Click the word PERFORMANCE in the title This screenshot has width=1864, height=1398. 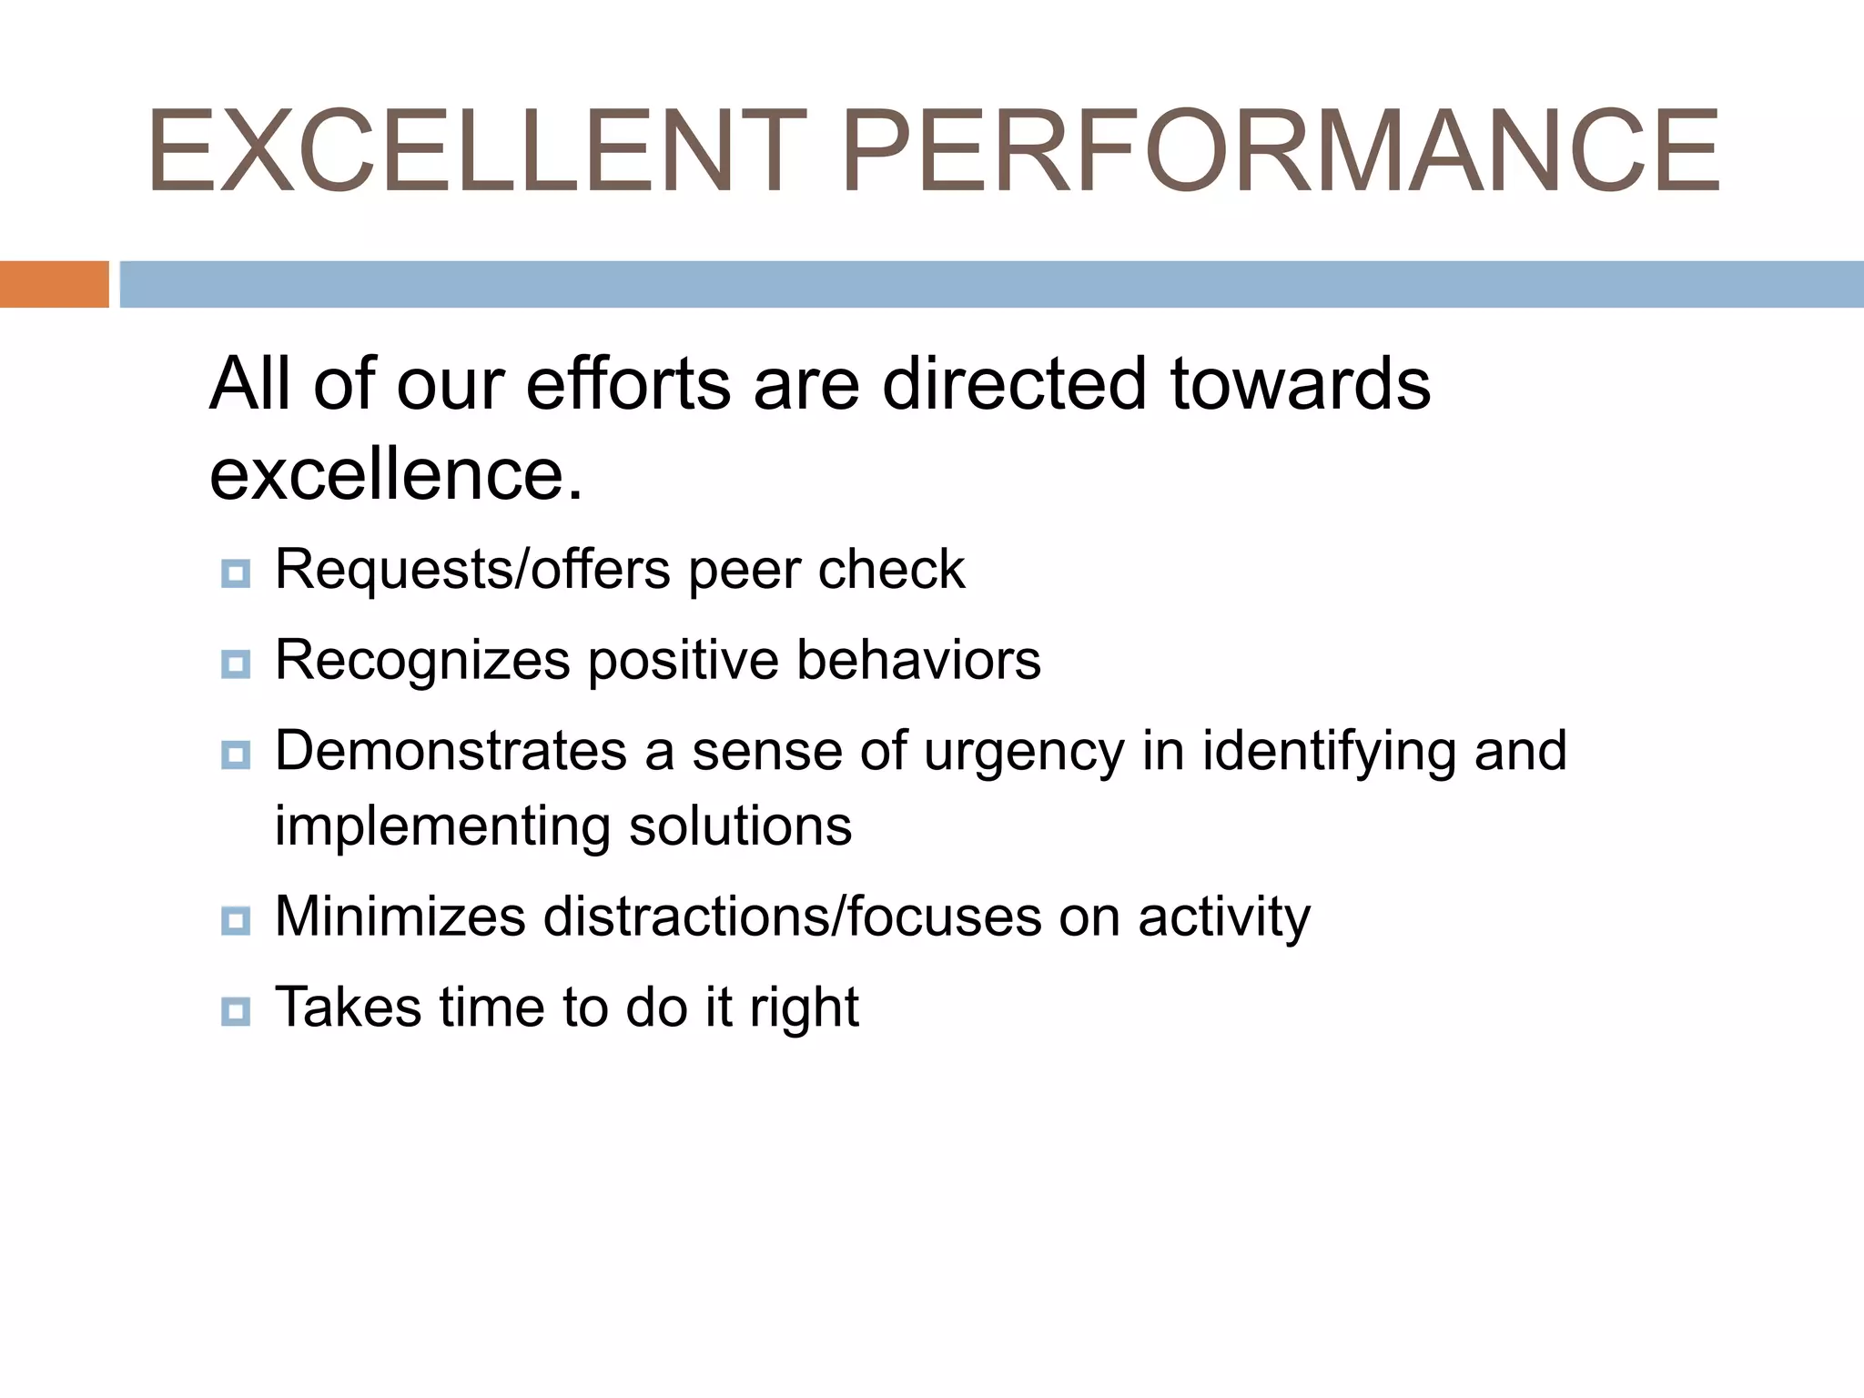(x=1280, y=151)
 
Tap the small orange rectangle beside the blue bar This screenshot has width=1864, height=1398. (x=54, y=284)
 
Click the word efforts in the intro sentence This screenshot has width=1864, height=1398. (x=628, y=384)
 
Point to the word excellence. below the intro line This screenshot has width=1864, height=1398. (x=395, y=475)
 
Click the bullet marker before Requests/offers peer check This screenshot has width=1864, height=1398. (x=236, y=573)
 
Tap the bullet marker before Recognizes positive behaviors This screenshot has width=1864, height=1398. (x=236, y=664)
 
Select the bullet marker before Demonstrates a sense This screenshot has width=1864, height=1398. (x=236, y=755)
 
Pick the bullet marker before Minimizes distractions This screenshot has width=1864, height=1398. (x=236, y=920)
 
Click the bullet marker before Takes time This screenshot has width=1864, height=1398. (x=236, y=1010)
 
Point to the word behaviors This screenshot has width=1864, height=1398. (x=918, y=660)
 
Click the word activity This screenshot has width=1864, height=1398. (x=1224, y=918)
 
